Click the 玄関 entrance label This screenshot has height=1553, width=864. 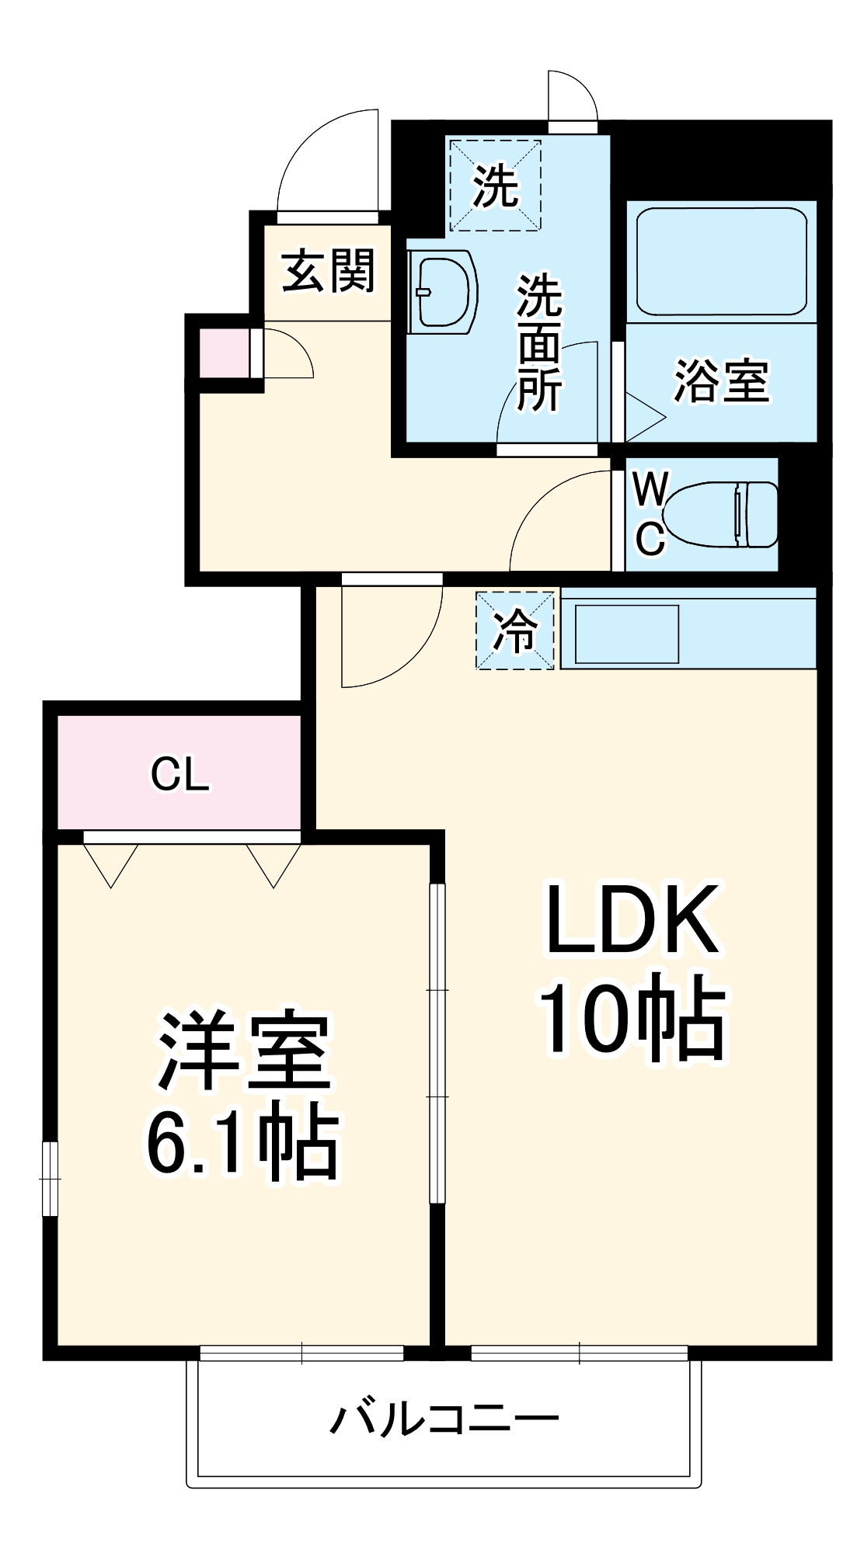click(x=329, y=271)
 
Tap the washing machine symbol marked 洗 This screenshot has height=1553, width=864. click(x=495, y=186)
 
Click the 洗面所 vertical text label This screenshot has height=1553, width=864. click(x=539, y=342)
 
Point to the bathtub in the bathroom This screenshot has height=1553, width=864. click(x=721, y=261)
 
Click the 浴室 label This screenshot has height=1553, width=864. click(x=721, y=381)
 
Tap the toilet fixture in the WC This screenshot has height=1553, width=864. click(x=723, y=514)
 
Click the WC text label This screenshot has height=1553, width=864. click(x=649, y=514)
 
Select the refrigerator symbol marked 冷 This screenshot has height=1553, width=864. click(x=516, y=631)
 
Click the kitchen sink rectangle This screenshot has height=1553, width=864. click(x=627, y=634)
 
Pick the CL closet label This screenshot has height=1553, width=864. click(x=180, y=774)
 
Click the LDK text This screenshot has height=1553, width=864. click(x=631, y=920)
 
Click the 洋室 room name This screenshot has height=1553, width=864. click(x=245, y=1050)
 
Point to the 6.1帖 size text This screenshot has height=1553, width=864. click(x=242, y=1145)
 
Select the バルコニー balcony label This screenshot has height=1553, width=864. click(x=444, y=1419)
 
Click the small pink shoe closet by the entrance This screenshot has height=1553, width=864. click(x=224, y=353)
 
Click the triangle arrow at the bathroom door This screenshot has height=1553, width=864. click(x=644, y=418)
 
